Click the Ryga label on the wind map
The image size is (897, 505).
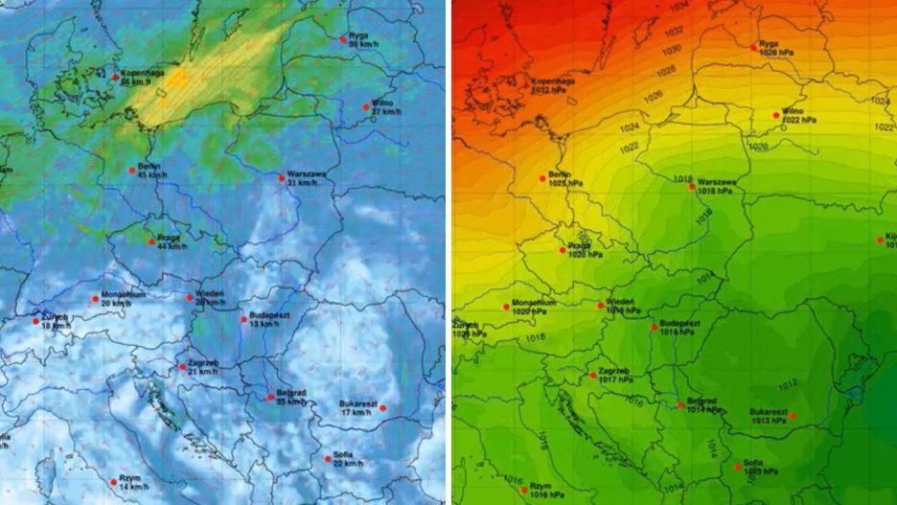pos(358,35)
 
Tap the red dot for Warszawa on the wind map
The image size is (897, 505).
pos(282,177)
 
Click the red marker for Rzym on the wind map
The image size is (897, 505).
pos(112,479)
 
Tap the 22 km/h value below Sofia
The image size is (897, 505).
pos(348,464)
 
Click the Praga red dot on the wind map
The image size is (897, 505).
pos(151,241)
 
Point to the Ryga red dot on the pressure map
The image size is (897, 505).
pos(753,46)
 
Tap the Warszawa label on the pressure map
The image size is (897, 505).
pos(717,181)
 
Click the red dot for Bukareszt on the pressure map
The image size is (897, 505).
pos(793,416)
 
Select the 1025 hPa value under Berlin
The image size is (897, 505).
pos(563,183)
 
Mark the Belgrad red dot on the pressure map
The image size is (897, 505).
pos(680,405)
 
